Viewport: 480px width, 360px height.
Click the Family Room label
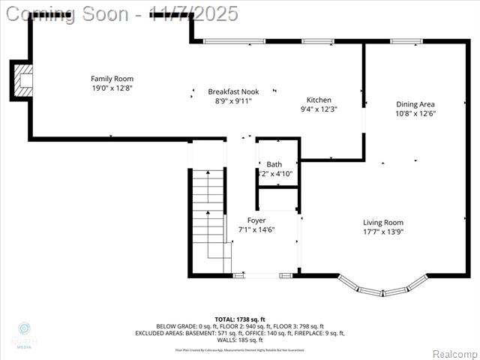click(x=112, y=79)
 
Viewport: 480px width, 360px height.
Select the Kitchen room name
click(x=319, y=100)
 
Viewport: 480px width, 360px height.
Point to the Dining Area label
click(x=415, y=104)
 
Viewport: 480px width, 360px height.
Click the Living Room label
click(x=383, y=222)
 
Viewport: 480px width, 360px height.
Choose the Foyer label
click(x=256, y=220)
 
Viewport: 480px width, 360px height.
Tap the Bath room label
click(x=274, y=164)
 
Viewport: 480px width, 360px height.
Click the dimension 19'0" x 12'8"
click(x=112, y=88)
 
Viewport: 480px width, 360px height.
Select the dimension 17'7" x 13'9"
click(x=383, y=232)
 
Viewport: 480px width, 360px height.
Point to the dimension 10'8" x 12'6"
click(x=415, y=114)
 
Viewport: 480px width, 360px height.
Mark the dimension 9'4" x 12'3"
click(x=319, y=109)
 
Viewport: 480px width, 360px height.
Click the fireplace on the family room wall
click(x=22, y=79)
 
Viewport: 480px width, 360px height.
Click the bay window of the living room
click(x=382, y=287)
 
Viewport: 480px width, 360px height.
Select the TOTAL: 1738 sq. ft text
click(x=240, y=319)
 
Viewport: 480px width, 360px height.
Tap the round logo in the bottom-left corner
click(x=24, y=329)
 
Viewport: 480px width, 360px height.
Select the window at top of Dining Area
click(x=406, y=41)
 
